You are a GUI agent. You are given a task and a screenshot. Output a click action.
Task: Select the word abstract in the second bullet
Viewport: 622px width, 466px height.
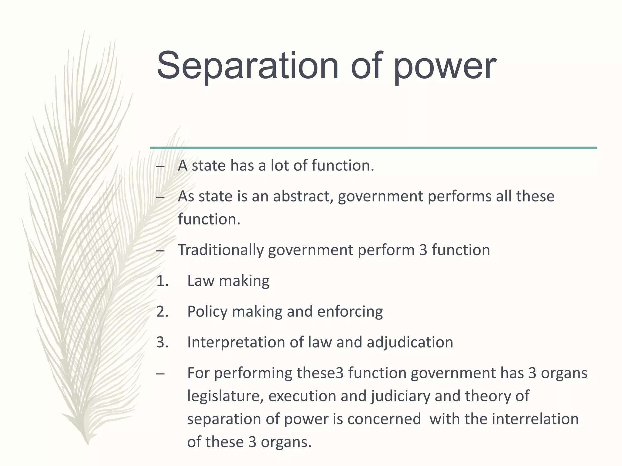tap(303, 196)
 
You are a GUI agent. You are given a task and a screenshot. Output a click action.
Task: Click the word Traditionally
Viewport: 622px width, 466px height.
tap(220, 250)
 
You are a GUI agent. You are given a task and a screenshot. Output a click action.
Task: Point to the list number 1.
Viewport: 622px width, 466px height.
tap(162, 281)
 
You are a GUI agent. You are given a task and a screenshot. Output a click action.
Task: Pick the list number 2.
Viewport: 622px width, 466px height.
tap(162, 312)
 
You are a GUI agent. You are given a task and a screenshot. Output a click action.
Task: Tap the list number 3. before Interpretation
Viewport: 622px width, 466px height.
tap(162, 342)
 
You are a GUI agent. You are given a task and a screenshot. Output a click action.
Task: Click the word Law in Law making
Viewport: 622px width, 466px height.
tap(200, 281)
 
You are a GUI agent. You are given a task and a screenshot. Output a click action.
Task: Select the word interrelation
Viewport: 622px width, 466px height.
tap(535, 419)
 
